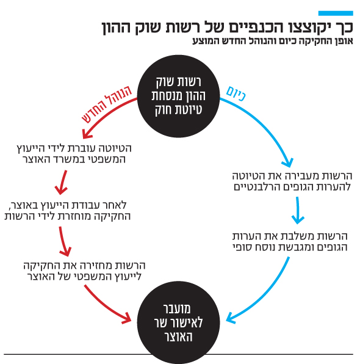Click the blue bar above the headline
[336, 13]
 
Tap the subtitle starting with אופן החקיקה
[273, 41]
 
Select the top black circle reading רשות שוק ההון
[178, 96]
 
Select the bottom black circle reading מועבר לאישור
[178, 322]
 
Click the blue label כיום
[236, 93]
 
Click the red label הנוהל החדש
[107, 104]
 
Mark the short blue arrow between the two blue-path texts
[298, 210]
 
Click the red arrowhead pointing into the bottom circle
[127, 319]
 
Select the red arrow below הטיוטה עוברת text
[62, 183]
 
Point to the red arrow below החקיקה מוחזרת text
[65, 242]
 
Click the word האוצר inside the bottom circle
[179, 337]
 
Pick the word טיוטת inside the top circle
[190, 109]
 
